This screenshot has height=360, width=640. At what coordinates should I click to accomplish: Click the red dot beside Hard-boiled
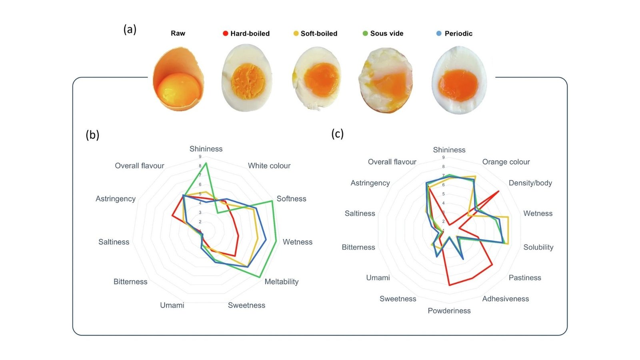(226, 34)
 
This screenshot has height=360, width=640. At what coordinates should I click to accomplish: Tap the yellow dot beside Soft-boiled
(296, 34)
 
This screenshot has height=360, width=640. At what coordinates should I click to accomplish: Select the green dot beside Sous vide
(365, 34)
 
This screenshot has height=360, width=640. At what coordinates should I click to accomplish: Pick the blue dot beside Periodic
(439, 34)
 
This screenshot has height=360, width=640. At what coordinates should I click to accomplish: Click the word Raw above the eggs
(178, 34)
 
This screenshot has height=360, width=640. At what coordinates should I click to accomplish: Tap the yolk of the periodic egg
(458, 85)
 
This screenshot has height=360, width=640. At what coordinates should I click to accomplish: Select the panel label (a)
(130, 29)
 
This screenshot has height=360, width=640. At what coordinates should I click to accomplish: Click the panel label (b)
(92, 135)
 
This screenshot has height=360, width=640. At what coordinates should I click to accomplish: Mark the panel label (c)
(338, 134)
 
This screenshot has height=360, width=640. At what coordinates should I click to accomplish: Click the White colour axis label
(269, 166)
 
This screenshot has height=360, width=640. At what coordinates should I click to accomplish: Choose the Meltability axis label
(282, 282)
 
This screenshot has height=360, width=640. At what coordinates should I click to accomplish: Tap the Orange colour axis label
(506, 162)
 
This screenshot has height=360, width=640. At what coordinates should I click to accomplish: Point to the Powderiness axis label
(449, 311)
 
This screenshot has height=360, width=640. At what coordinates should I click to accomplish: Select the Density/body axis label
(530, 183)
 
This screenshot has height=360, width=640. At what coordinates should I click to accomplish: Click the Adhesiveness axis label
(506, 299)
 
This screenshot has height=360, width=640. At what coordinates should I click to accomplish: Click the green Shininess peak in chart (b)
(206, 163)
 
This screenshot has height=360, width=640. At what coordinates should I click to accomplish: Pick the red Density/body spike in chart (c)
(498, 192)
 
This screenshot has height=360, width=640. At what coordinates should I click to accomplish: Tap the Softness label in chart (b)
(291, 199)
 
